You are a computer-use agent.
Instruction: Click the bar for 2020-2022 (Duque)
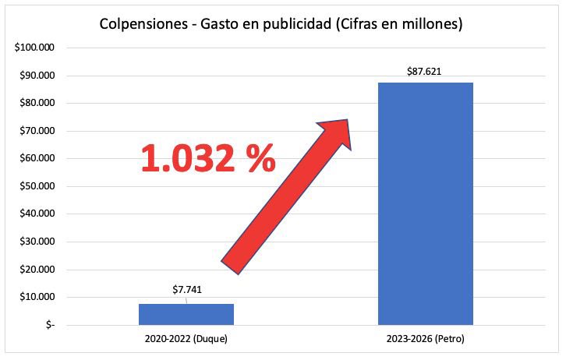tap(186, 314)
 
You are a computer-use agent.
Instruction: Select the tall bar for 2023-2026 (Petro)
tap(425, 203)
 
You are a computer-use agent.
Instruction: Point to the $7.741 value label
tap(186, 290)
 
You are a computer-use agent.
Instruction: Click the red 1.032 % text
tap(207, 158)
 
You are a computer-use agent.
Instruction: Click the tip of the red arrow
tap(344, 124)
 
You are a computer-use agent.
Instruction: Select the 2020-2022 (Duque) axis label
tap(186, 341)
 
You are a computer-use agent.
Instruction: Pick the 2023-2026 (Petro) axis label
tap(425, 341)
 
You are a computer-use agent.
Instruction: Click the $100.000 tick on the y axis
tap(34, 48)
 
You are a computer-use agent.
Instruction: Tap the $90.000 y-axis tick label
tap(36, 76)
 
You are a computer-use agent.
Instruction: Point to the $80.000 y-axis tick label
tap(36, 103)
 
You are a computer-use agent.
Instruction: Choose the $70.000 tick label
tap(36, 131)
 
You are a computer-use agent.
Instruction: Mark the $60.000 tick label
tap(36, 158)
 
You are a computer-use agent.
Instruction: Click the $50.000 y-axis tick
tap(36, 186)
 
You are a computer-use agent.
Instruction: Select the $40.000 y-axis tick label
tap(36, 214)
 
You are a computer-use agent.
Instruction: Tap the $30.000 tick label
tap(36, 242)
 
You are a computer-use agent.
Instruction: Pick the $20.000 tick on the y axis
tap(36, 270)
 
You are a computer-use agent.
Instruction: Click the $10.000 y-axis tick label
tap(36, 297)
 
